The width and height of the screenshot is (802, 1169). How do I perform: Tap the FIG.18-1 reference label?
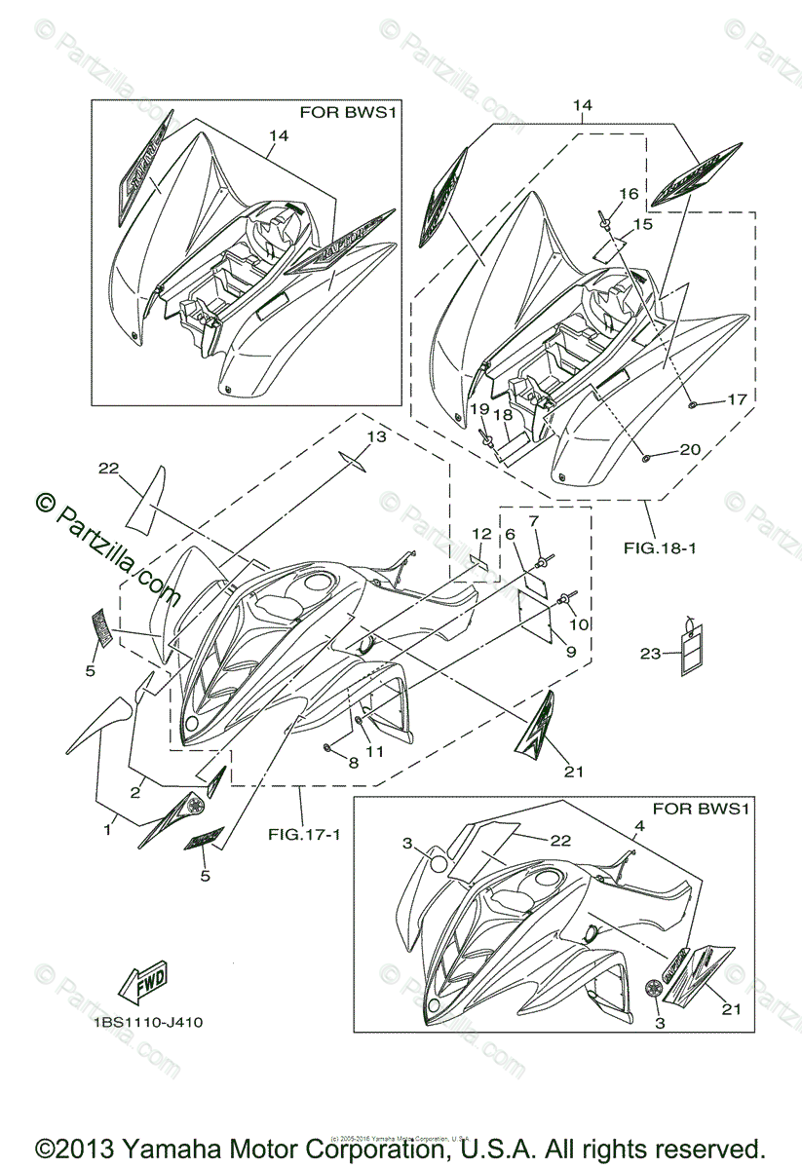click(x=660, y=548)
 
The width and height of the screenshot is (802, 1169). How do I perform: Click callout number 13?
click(x=376, y=436)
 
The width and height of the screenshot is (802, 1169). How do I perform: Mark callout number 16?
click(x=629, y=194)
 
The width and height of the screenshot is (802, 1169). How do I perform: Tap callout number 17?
click(x=737, y=399)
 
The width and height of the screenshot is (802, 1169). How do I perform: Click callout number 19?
click(x=479, y=408)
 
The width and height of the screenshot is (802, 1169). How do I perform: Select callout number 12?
click(x=481, y=534)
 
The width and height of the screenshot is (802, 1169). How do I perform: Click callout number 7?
click(x=533, y=521)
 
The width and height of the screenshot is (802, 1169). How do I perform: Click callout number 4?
click(x=639, y=827)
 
